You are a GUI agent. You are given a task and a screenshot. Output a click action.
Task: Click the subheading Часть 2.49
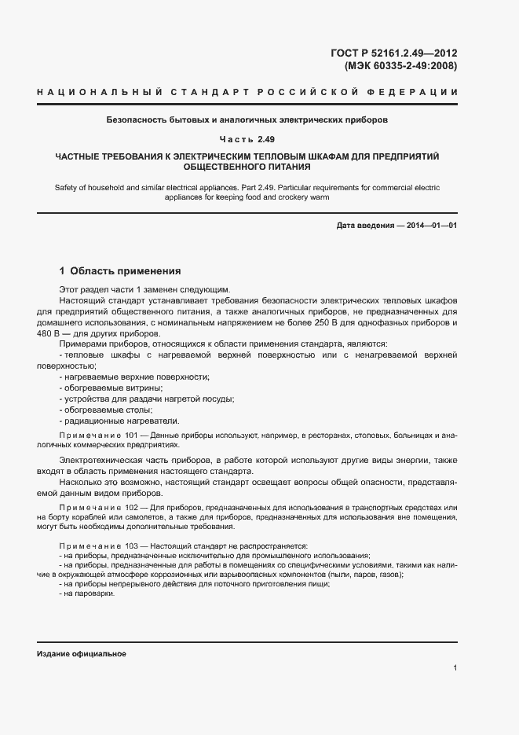click(x=247, y=139)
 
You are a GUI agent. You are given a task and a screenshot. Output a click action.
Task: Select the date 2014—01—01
click(x=430, y=226)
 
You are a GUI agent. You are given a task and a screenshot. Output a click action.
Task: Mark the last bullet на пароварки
click(x=89, y=594)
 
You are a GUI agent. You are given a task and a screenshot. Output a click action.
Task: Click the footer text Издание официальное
click(x=81, y=654)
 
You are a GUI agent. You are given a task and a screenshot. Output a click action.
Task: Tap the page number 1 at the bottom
click(x=455, y=668)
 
